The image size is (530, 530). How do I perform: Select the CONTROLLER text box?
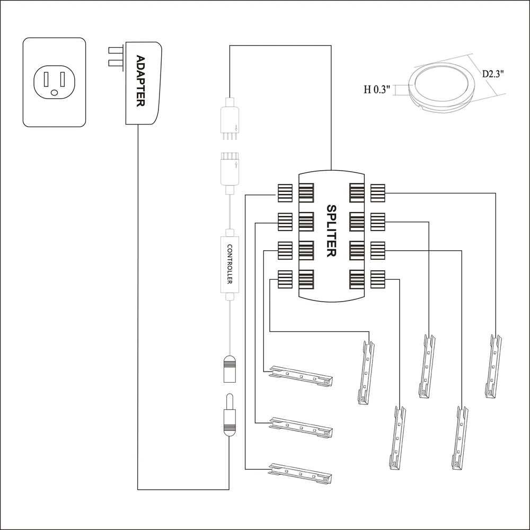(x=230, y=264)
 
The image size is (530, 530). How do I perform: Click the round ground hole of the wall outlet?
(x=54, y=93)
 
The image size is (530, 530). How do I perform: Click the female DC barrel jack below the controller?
(x=230, y=368)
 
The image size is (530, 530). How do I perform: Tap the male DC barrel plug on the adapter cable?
(x=230, y=416)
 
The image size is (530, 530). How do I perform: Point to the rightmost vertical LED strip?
(x=493, y=366)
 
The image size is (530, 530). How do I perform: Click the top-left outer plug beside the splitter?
(x=285, y=192)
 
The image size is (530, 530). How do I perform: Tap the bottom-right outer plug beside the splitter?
(x=377, y=279)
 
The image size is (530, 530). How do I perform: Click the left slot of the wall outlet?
(x=46, y=79)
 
